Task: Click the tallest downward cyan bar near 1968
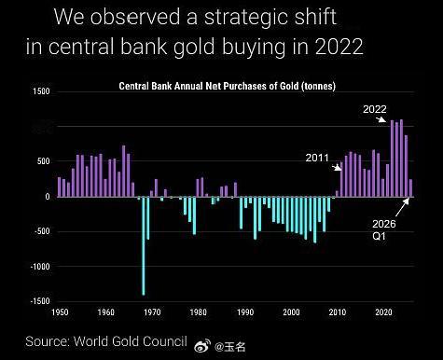point(144,245)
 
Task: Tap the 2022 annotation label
point(375,109)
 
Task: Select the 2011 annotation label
point(317,158)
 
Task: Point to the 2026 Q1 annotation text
point(384,229)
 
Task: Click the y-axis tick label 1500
point(41,91)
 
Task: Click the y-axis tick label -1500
point(40,301)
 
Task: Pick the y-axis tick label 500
point(44,161)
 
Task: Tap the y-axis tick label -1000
point(40,267)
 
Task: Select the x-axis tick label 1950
point(60,312)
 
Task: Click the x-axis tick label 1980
point(199,312)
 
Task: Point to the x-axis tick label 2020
point(383,312)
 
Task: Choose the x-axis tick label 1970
point(152,312)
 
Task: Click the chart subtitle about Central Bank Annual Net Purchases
point(228,86)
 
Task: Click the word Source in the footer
point(48,341)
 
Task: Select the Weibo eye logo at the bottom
point(202,345)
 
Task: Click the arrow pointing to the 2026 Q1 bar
point(403,207)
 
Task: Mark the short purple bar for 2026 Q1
point(410,188)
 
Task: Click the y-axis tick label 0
point(47,197)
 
